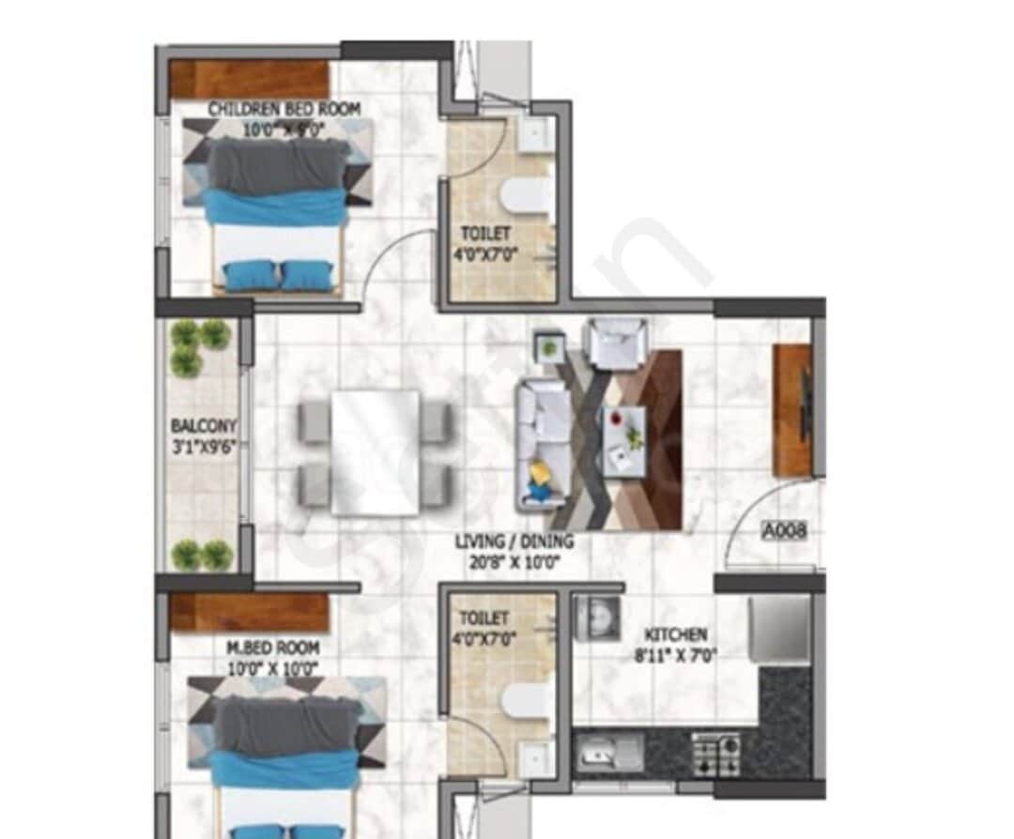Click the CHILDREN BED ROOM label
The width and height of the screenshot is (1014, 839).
pyautogui.click(x=284, y=110)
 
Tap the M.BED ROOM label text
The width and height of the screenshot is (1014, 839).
pyautogui.click(x=271, y=648)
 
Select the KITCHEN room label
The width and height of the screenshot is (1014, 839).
pyautogui.click(x=675, y=634)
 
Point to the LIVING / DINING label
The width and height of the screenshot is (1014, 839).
pyautogui.click(x=514, y=542)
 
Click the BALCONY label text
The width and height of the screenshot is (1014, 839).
pyautogui.click(x=203, y=424)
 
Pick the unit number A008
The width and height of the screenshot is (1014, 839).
pyautogui.click(x=783, y=532)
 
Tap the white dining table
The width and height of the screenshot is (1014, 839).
pyautogui.click(x=375, y=453)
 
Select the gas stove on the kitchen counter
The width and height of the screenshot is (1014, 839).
pyautogui.click(x=715, y=754)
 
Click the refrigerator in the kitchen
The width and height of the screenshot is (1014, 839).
pyautogui.click(x=778, y=628)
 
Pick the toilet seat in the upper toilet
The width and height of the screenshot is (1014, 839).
pyautogui.click(x=526, y=198)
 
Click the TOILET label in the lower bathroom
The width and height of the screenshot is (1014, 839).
pyautogui.click(x=484, y=619)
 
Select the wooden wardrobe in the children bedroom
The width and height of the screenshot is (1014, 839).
pyautogui.click(x=249, y=79)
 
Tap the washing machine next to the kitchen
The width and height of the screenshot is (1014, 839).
pyautogui.click(x=593, y=618)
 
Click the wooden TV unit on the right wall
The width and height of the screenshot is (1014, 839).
pyautogui.click(x=791, y=410)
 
